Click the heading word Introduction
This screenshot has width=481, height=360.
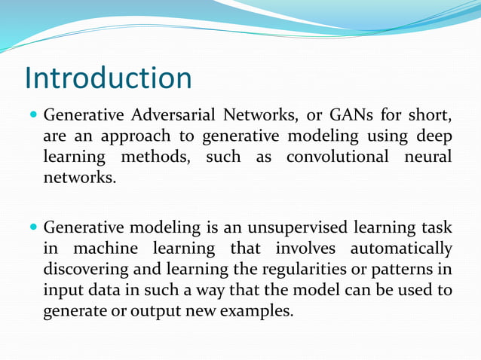[x=108, y=78]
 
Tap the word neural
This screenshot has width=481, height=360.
[x=427, y=158]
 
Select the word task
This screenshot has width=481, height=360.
[x=435, y=227]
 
